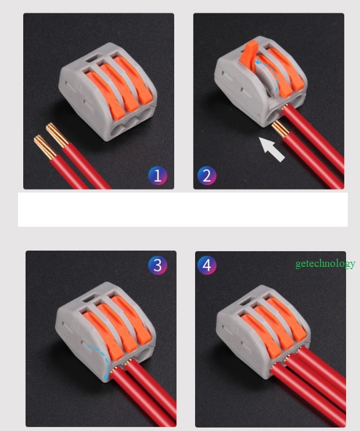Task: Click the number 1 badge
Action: tap(157, 175)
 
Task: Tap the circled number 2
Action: tap(207, 175)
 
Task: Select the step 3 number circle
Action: tap(157, 265)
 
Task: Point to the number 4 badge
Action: tap(207, 265)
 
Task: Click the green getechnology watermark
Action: tap(325, 263)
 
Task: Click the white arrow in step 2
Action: tap(272, 149)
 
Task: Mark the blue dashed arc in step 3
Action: tap(105, 363)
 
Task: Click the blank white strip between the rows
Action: tap(183, 209)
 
